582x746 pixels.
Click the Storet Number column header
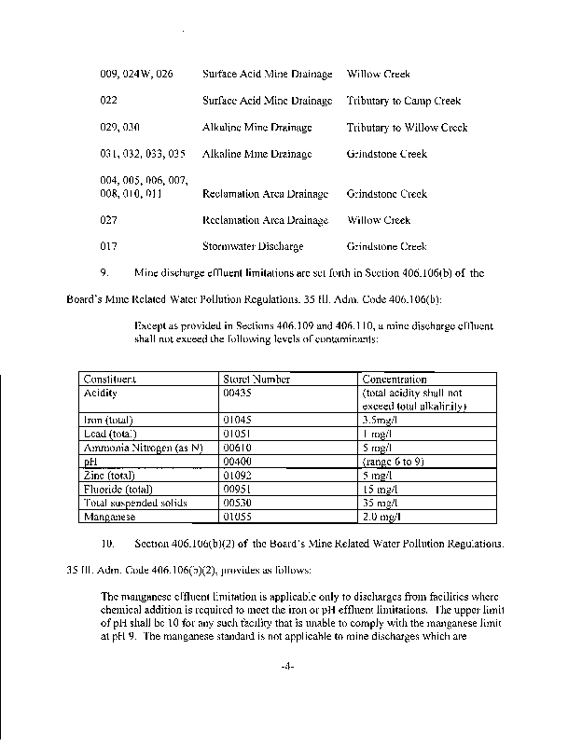point(257,380)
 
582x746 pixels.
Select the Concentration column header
point(394,380)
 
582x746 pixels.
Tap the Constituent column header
point(110,380)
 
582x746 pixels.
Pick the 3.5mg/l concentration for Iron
point(382,421)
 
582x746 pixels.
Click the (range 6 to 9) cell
point(395,461)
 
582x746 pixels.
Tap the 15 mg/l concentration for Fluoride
point(381,488)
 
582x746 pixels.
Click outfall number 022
point(108,101)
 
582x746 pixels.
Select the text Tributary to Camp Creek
point(404,101)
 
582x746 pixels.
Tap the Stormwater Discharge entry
point(253,247)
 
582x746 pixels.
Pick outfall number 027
point(108,220)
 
